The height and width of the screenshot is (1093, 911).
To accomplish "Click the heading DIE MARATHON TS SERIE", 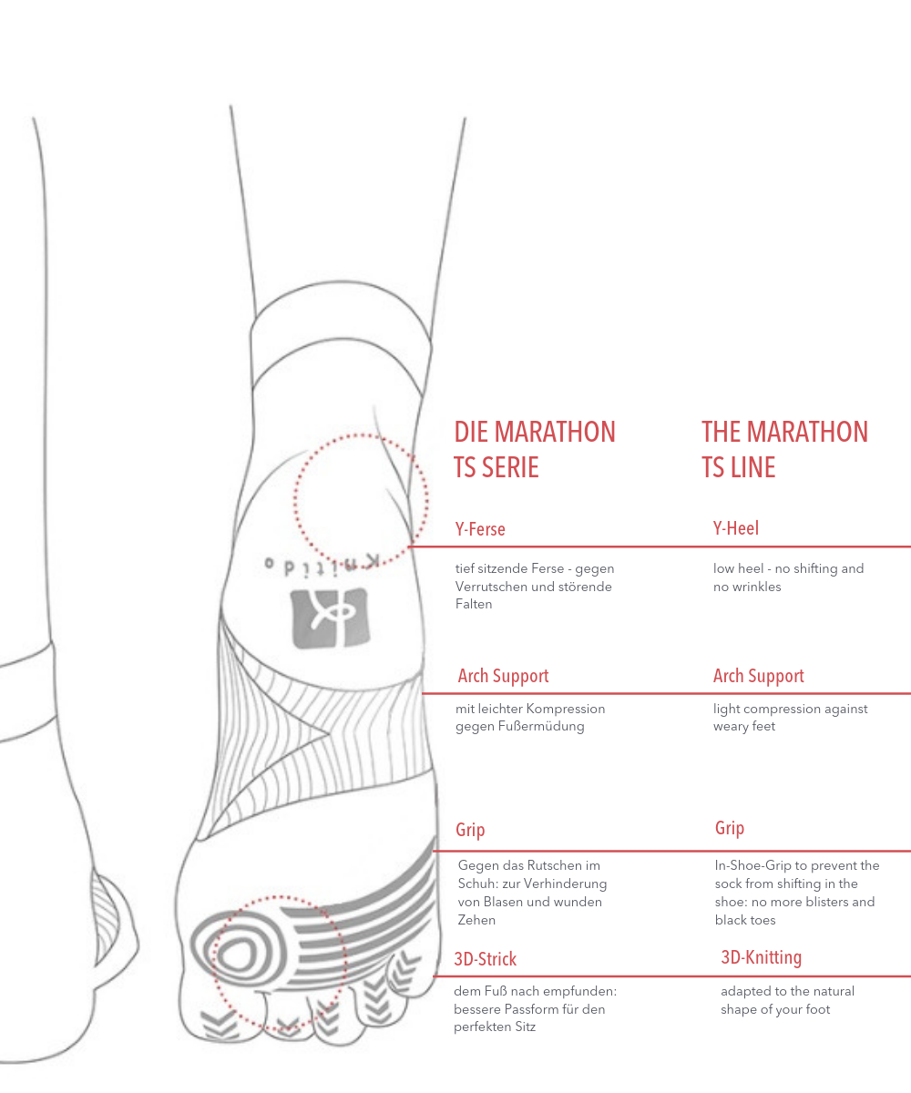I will [x=535, y=449].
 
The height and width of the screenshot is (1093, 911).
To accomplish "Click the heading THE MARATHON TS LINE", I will [x=784, y=449].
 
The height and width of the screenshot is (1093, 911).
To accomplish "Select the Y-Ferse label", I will [x=480, y=529].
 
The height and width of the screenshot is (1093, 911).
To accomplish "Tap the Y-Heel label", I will [x=736, y=528].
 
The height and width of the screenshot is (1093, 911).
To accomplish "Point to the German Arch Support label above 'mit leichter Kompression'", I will [x=503, y=676].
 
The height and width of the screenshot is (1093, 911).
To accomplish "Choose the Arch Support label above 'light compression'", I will [x=759, y=676].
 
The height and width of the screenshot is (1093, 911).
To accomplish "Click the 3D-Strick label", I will [x=486, y=959].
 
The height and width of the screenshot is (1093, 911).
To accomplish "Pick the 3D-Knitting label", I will [x=762, y=957].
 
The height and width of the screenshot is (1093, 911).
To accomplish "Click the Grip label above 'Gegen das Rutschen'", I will [x=470, y=830].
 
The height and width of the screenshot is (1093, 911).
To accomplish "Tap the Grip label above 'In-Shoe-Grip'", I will [x=730, y=828].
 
